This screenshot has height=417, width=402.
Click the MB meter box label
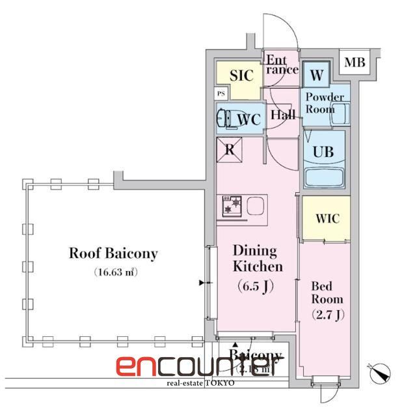tap(355, 63)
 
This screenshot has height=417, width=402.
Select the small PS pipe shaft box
tap(222, 93)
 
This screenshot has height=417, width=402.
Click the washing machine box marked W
tap(317, 75)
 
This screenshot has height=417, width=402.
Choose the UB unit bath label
tap(324, 151)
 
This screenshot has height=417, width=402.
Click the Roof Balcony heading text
tap(113, 253)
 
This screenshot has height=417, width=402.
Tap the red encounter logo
tap(200, 367)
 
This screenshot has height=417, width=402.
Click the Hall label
tap(283, 115)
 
